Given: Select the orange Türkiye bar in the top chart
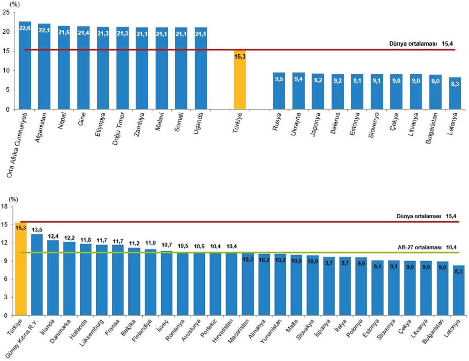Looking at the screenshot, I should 240,82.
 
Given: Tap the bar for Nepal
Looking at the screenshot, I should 64,68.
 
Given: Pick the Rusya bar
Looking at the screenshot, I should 279,92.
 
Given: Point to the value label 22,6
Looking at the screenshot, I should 25,29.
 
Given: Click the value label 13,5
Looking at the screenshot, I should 37,230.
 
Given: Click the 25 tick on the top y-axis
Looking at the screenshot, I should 6,12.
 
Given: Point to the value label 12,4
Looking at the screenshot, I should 53,236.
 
